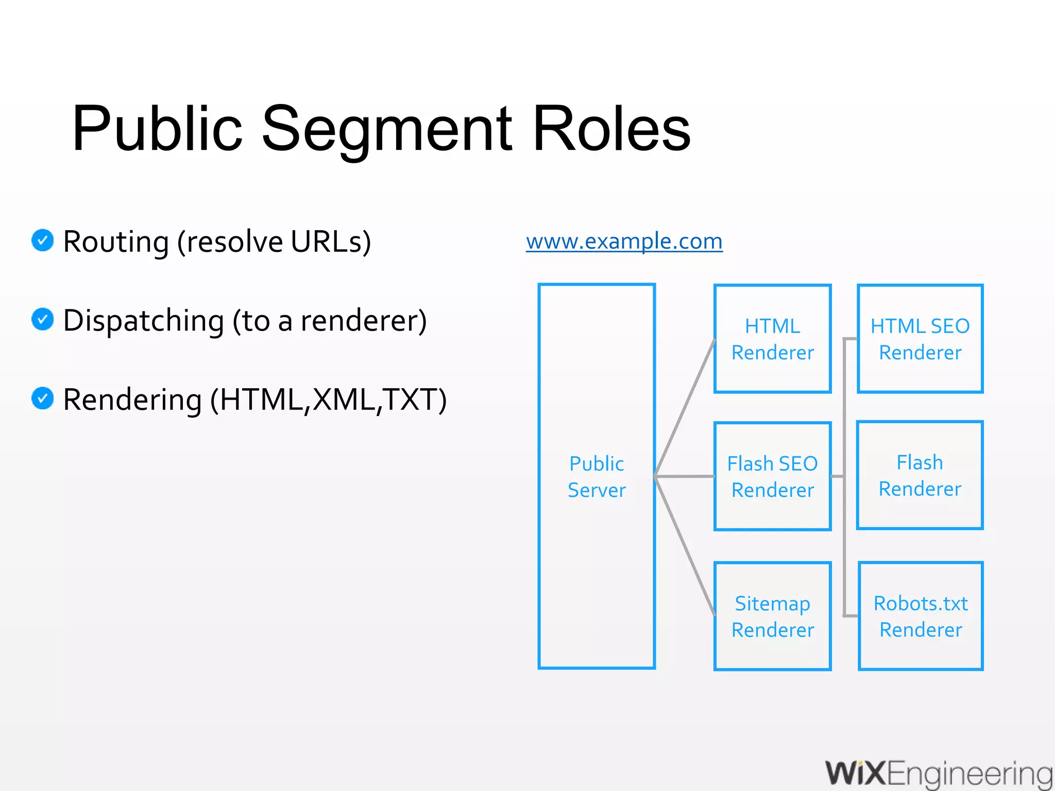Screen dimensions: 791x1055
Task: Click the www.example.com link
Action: coord(624,241)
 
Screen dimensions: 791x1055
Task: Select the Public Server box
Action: coord(597,476)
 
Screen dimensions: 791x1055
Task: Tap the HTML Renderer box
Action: coord(772,339)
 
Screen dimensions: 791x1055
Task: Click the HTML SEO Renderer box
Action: coord(920,339)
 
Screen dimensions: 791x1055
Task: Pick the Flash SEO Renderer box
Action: coord(772,476)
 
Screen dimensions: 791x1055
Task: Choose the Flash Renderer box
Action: coord(920,475)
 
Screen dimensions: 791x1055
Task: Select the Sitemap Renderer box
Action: coord(772,616)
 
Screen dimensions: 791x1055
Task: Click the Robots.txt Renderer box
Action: coord(921,616)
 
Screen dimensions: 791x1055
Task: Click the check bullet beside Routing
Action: coord(43,240)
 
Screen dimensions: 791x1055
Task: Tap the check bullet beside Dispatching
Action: coord(43,319)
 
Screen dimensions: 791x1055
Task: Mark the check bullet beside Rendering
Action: coord(43,399)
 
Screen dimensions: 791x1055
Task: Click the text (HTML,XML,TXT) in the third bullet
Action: coord(328,400)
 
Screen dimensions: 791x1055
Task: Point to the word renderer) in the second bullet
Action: coord(364,321)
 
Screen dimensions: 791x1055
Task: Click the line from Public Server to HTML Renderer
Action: coord(685,407)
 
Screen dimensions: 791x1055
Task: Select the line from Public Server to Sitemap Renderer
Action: coord(685,546)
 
